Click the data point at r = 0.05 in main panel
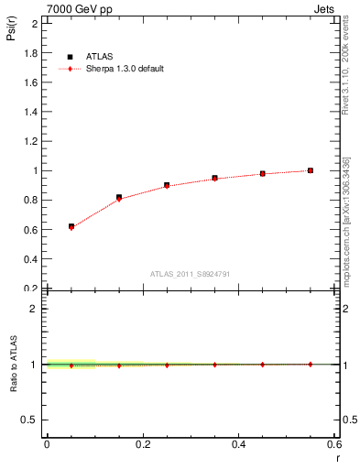point(71,226)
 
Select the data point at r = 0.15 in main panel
point(119,197)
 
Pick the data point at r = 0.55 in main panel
point(311,170)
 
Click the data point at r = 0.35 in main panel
point(214,178)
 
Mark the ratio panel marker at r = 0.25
point(167,365)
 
